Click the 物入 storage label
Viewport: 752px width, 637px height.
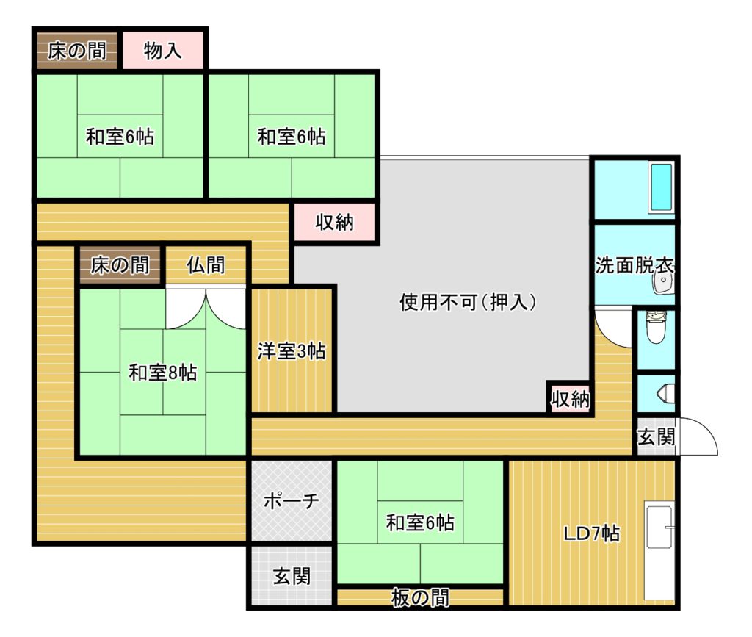click(162, 51)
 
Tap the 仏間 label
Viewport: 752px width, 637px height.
click(206, 264)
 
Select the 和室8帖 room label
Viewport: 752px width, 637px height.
click(162, 373)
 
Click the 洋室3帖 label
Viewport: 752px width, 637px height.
click(292, 351)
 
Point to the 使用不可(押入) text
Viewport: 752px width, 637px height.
click(468, 302)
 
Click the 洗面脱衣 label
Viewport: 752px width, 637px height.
click(634, 265)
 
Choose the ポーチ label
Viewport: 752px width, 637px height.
click(291, 501)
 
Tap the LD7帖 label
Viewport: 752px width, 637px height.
click(591, 533)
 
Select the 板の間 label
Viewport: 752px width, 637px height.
click(420, 597)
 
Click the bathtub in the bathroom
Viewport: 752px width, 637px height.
click(662, 187)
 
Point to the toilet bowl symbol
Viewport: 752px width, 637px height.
click(656, 328)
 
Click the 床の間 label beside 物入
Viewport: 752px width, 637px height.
click(76, 51)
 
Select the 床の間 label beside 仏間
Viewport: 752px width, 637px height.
click(120, 264)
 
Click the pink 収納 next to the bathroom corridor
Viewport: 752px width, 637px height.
click(570, 399)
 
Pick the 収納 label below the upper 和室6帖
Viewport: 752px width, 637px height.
click(334, 222)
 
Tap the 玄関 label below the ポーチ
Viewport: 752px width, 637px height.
click(292, 576)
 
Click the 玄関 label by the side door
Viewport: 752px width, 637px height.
click(656, 437)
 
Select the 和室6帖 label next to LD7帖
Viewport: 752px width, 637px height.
click(420, 522)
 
